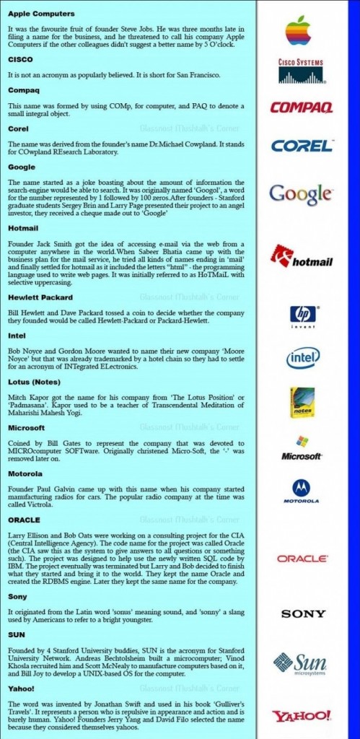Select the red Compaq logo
[302, 108]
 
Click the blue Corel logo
[302, 146]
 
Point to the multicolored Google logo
[302, 194]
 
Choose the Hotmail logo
[302, 257]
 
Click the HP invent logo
[302, 316]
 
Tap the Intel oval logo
[303, 358]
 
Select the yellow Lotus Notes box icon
[302, 402]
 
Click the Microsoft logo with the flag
[302, 448]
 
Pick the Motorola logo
[302, 491]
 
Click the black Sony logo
[303, 613]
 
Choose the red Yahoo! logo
[302, 716]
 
